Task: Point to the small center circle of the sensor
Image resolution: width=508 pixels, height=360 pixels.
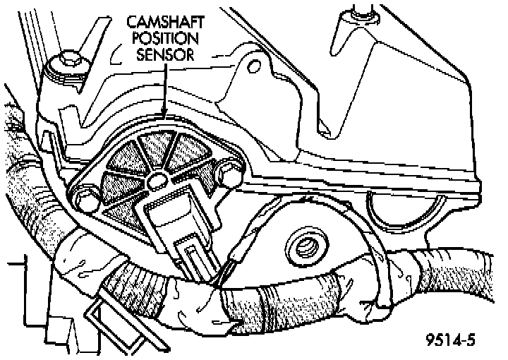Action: (x=157, y=183)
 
